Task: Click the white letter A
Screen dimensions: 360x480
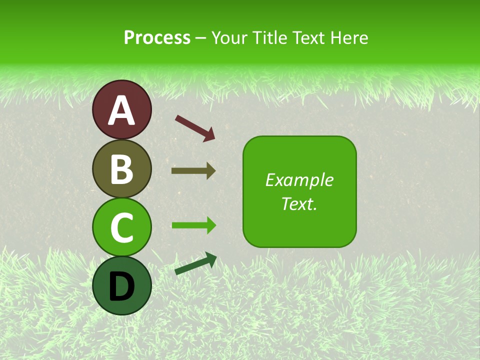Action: [x=121, y=110]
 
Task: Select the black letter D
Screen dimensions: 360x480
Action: [x=121, y=286]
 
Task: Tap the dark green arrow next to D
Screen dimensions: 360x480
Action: [x=195, y=264]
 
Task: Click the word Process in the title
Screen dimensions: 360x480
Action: [x=157, y=37]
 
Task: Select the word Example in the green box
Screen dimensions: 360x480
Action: [x=299, y=180]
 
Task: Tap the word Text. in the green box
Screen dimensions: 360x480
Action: [x=299, y=203]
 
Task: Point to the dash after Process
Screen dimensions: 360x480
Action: [x=201, y=38]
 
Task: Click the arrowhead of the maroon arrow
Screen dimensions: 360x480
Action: [x=209, y=134]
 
